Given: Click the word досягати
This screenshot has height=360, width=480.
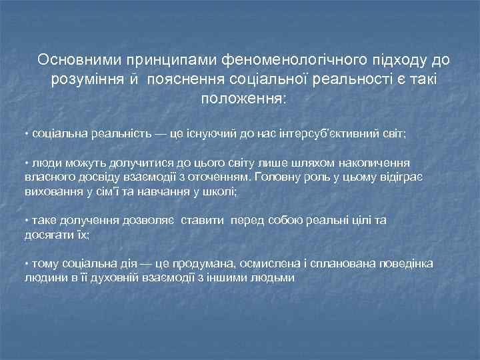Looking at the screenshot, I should click(47, 235).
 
